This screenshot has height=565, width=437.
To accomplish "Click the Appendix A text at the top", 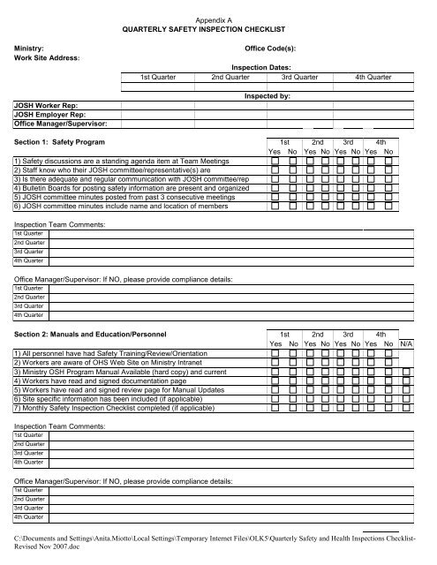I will pos(218,18).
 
